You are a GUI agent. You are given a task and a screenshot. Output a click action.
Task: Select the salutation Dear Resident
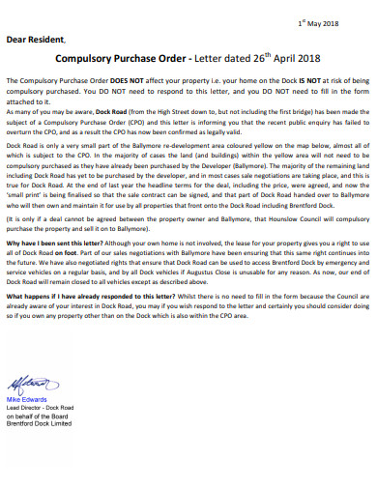click(x=36, y=42)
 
